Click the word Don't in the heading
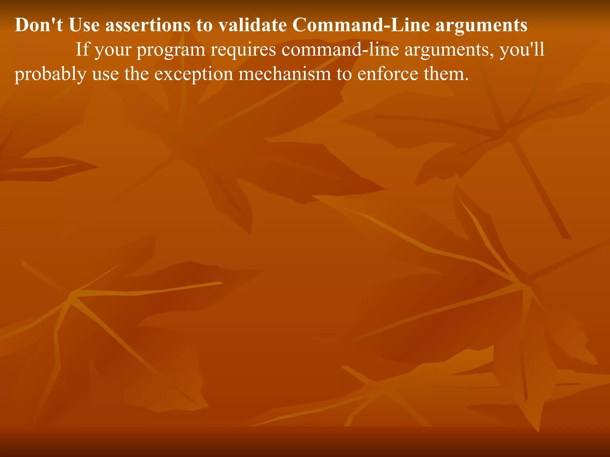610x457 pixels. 39,25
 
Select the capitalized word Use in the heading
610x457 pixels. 84,25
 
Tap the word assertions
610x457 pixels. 148,25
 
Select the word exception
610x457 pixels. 194,74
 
